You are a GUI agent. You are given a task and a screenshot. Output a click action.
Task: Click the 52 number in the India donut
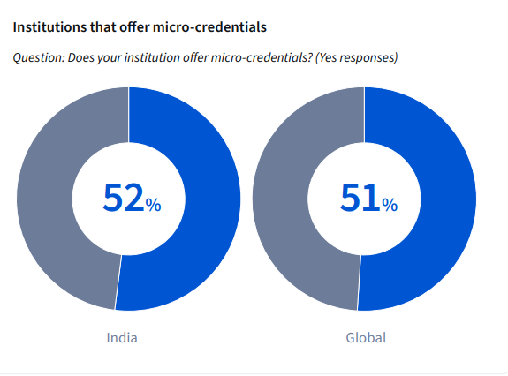(123, 199)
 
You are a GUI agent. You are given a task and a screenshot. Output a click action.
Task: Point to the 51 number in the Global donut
(360, 199)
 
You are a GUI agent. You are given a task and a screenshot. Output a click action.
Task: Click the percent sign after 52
(154, 205)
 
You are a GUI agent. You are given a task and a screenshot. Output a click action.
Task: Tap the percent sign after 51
(390, 205)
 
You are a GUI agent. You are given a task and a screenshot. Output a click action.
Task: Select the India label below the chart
(122, 338)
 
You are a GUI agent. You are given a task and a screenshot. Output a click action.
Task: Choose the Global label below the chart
(366, 338)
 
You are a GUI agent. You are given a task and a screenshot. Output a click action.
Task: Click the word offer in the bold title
(133, 28)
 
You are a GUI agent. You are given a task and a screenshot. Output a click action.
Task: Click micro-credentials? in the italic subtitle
(262, 58)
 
